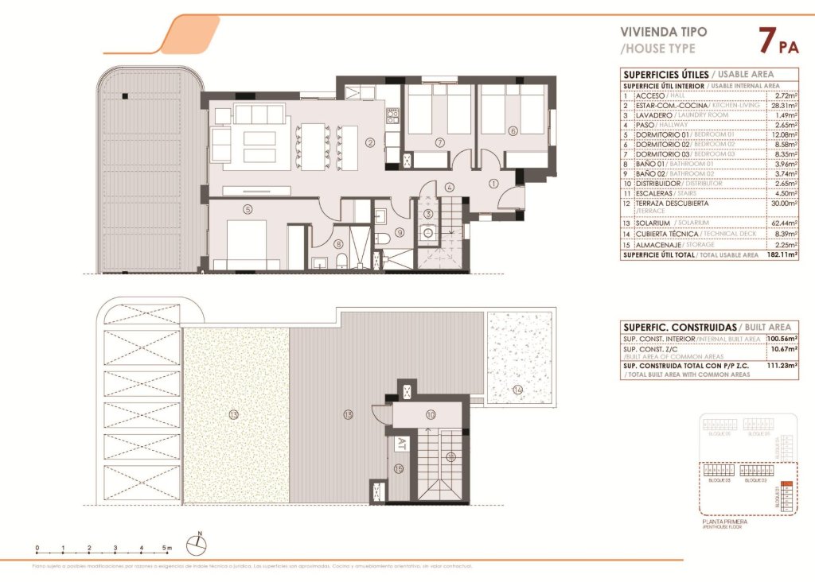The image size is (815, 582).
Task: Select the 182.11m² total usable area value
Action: pyautogui.click(x=782, y=255)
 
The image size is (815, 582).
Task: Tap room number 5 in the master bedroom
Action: pyautogui.click(x=248, y=209)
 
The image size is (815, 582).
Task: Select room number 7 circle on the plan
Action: pyautogui.click(x=439, y=142)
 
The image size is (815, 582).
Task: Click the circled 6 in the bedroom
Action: pyautogui.click(x=513, y=131)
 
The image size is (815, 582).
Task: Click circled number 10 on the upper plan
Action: pyautogui.click(x=430, y=414)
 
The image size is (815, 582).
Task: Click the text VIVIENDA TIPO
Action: pyautogui.click(x=662, y=33)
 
